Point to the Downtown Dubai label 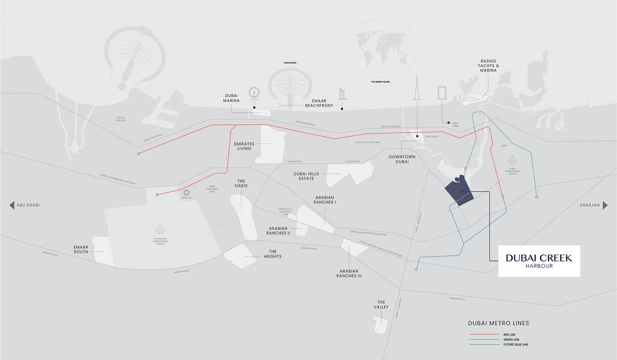point(399,158)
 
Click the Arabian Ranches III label point(349,273)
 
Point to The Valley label point(381,305)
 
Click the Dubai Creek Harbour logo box point(539,260)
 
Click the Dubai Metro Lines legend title point(498,323)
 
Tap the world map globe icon point(380,49)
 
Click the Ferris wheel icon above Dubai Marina point(253,93)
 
